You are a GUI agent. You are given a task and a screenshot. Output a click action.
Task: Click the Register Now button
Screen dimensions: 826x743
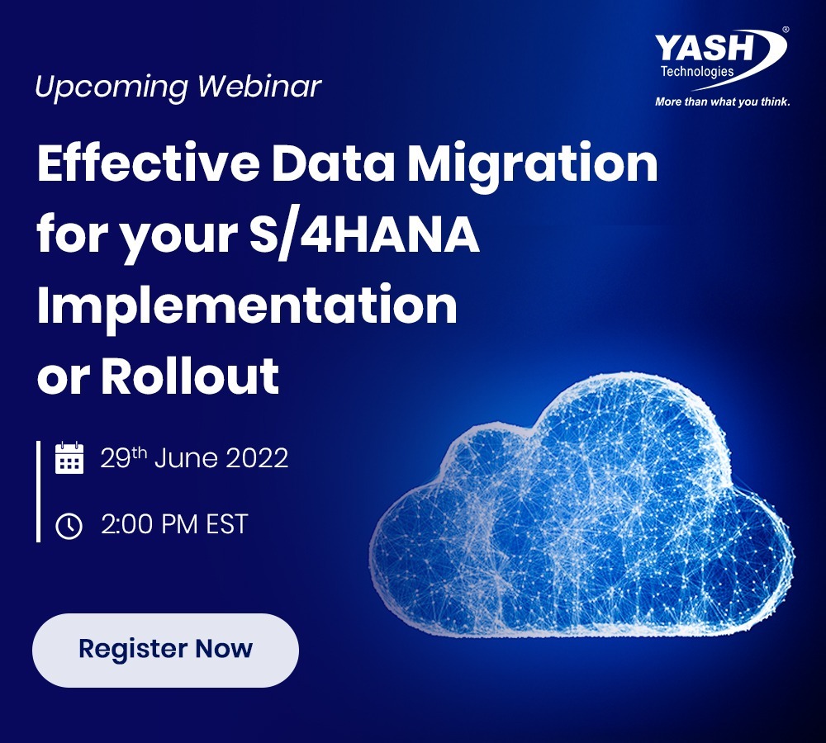165,650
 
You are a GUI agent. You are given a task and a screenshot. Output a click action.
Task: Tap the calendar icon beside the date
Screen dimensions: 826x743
69,457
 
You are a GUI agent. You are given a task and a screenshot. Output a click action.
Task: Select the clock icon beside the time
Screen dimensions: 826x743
69,526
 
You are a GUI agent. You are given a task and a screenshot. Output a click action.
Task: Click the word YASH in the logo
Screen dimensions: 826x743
705,49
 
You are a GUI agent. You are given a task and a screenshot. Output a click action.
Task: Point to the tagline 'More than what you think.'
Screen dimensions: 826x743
722,102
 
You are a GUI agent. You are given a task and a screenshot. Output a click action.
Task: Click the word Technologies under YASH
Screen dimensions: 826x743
697,72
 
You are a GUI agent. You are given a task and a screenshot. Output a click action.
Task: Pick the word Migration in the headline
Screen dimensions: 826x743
533,167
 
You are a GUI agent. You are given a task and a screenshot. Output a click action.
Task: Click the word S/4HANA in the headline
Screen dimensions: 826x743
364,234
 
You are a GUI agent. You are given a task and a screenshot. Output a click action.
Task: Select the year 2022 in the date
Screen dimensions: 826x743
257,457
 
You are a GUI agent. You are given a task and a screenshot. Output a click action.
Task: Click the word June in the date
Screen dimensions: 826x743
186,457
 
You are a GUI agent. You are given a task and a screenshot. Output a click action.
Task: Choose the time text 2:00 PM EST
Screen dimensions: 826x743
174,524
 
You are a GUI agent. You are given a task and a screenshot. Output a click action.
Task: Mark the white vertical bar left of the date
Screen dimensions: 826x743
38,491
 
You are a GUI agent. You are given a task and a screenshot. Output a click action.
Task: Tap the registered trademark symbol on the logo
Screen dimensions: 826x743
786,30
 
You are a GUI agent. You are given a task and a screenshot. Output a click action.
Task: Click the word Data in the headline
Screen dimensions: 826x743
333,163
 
